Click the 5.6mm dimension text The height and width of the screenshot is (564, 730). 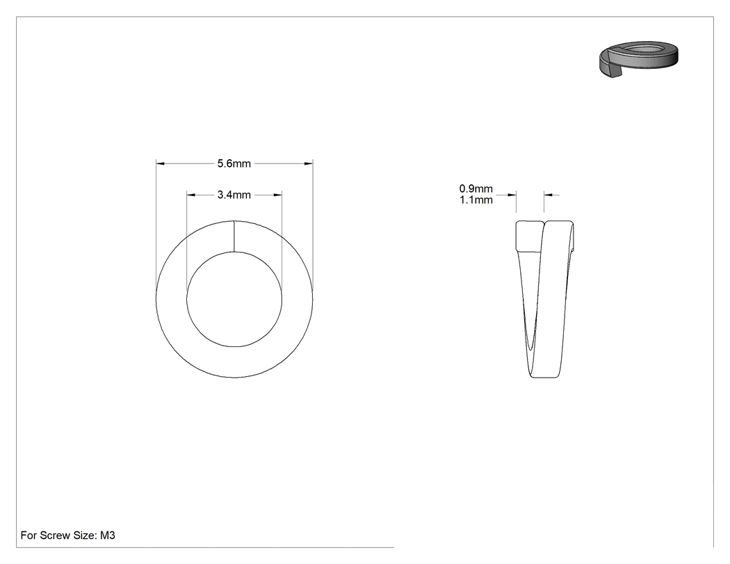[234, 163]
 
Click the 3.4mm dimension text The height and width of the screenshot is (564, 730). [234, 195]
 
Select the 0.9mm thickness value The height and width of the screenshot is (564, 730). [476, 188]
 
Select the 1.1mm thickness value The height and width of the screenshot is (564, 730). [476, 200]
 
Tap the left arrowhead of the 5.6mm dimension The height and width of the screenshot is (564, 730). [160, 163]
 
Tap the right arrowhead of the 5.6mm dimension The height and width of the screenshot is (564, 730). [308, 163]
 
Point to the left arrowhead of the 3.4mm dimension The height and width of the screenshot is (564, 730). [191, 195]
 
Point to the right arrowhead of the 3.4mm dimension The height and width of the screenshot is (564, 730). [277, 195]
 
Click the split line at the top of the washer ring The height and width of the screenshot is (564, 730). [234, 236]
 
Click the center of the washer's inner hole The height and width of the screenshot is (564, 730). [234, 299]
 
